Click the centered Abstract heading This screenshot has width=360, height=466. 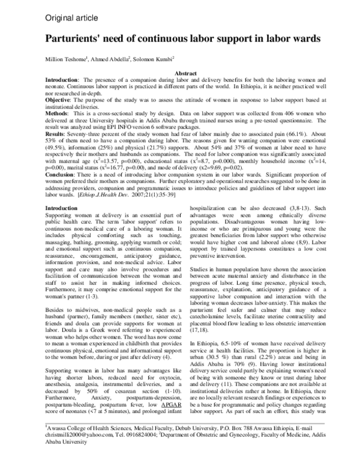[180, 73]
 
